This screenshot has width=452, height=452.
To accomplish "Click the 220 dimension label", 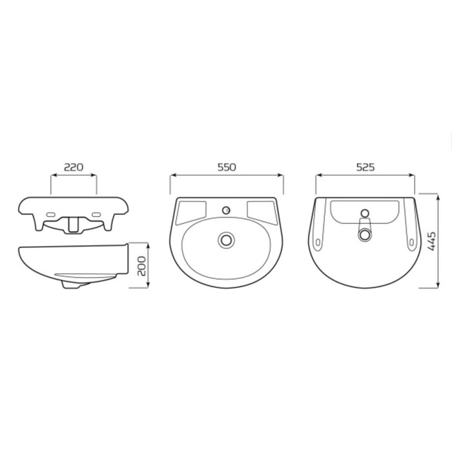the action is tap(74, 167).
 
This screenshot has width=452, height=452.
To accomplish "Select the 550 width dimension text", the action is tap(227, 167).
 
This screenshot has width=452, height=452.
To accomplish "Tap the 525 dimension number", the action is tap(365, 167).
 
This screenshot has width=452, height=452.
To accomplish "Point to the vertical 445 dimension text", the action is tap(431, 241).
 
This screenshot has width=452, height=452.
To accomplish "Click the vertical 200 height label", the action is tap(141, 266).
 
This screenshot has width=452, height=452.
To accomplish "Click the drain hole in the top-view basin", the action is tap(226, 240).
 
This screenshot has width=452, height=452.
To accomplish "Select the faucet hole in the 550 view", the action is tap(226, 210).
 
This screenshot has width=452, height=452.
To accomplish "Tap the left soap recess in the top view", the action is tap(191, 212).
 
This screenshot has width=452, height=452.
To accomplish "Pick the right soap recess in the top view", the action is tap(262, 212).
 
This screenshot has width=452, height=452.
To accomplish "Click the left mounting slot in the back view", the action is tap(318, 242).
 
